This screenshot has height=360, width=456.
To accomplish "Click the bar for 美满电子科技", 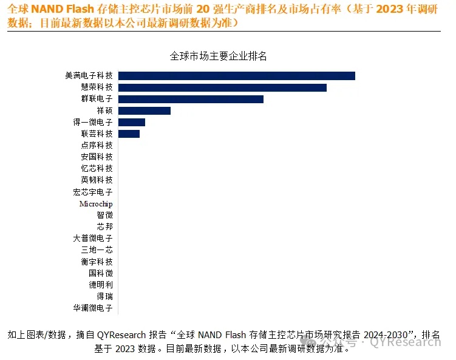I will (x=236, y=76).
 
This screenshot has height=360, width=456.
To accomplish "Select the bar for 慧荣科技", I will (x=222, y=87).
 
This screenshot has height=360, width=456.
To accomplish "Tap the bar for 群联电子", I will (x=191, y=99).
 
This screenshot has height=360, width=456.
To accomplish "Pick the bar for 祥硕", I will (x=145, y=110).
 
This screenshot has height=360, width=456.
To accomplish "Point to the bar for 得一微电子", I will (x=132, y=122).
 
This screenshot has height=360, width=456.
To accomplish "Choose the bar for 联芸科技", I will (x=129, y=134).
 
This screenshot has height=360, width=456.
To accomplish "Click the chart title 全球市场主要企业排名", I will (x=219, y=56).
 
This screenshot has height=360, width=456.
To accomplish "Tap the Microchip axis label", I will (x=96, y=203).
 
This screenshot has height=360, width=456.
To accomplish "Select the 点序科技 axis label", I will (x=97, y=145).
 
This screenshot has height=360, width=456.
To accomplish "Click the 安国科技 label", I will (x=97, y=157).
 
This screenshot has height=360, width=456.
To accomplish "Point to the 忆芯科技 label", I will (x=97, y=168).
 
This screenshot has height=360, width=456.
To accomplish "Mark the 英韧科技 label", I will (x=97, y=180).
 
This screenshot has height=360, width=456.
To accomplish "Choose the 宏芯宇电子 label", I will (x=93, y=192).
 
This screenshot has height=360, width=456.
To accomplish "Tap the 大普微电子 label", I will (x=93, y=238).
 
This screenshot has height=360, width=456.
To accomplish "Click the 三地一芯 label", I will (x=97, y=250).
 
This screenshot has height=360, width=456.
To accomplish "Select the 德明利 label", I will (x=101, y=285).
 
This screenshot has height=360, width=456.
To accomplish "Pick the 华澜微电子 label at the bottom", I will (x=93, y=308).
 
